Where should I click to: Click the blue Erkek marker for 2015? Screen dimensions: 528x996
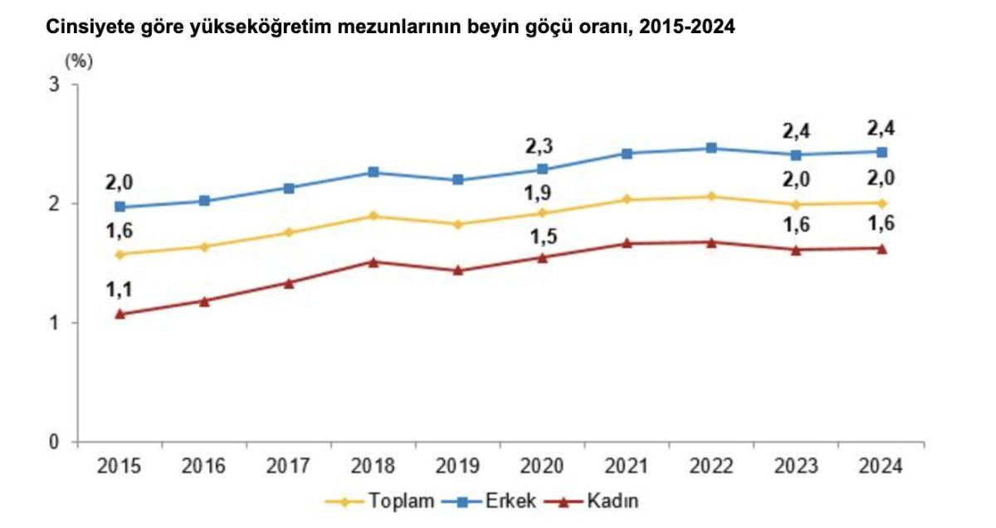(120, 207)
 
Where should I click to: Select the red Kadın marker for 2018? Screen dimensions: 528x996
(373, 262)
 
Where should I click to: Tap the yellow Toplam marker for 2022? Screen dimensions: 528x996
(711, 197)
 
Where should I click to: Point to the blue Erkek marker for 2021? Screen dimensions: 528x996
(627, 154)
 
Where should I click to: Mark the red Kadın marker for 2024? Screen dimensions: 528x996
(881, 248)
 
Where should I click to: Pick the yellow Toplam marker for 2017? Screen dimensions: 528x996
(289, 232)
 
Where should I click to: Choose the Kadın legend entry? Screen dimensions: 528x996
(613, 501)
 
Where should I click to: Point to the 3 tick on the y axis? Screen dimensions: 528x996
(55, 85)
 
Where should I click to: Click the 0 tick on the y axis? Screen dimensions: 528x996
(55, 442)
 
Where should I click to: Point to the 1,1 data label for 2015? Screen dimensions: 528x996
(120, 290)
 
